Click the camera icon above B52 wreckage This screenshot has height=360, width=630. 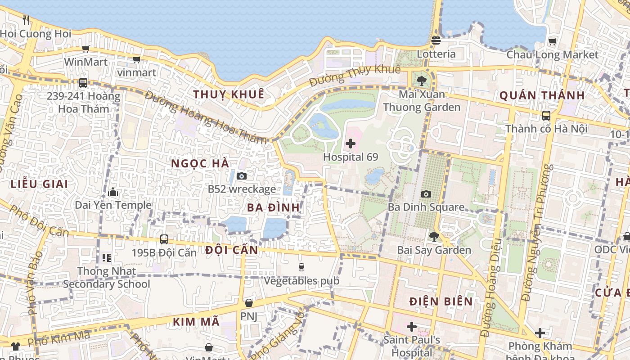click(x=242, y=176)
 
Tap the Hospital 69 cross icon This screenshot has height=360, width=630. click(x=351, y=144)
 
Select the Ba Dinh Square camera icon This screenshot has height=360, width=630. click(x=426, y=194)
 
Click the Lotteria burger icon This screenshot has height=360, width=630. click(x=436, y=40)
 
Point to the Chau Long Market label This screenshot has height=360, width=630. click(x=552, y=55)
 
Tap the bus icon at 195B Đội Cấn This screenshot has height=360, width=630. click(x=164, y=239)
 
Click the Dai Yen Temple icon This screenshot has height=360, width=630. click(x=113, y=192)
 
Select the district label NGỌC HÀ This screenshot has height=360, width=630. click(x=200, y=164)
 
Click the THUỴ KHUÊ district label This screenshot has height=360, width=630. click(x=229, y=94)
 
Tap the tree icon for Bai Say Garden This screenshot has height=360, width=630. click(x=434, y=236)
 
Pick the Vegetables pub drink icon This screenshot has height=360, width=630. click(x=301, y=267)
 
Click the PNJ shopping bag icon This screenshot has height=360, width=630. click(x=248, y=303)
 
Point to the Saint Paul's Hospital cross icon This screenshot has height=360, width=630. click(x=411, y=326)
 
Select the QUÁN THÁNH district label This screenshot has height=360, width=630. click(x=542, y=95)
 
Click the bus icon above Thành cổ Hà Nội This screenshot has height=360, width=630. click(x=546, y=116)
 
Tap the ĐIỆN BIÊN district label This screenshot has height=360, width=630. click(x=441, y=301)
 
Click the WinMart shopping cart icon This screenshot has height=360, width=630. click(x=85, y=49)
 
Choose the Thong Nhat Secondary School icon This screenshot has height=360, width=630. click(x=107, y=257)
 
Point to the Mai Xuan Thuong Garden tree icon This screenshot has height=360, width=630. click(x=422, y=81)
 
